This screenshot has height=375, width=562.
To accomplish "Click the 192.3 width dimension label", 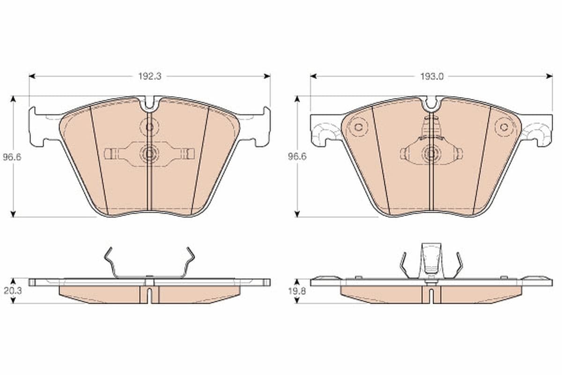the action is (x=150, y=76).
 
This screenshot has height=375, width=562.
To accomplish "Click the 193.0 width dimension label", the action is (x=432, y=76).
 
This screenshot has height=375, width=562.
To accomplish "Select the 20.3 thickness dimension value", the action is (x=13, y=291).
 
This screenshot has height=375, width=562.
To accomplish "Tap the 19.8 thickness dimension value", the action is (x=297, y=291).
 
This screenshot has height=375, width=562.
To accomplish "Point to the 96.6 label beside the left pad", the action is (x=12, y=157).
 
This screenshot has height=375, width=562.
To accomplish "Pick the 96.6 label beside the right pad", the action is (x=297, y=157).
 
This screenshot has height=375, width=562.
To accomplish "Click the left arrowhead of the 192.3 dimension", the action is (x=32, y=76).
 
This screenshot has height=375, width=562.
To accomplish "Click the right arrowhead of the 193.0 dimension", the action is (x=549, y=76).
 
